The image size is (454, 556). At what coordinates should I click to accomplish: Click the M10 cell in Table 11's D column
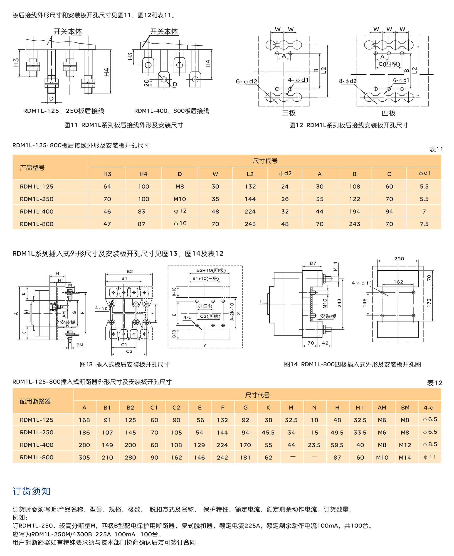pos(180,199)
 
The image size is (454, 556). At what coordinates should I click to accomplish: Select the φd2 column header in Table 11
pos(285,174)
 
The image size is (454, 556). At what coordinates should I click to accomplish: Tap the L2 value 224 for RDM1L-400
pos(250,212)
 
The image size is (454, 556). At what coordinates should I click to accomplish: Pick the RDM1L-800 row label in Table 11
pos(37,224)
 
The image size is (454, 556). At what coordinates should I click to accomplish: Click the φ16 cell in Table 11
pos(180,224)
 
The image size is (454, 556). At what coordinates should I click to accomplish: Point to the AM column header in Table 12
pos(382,408)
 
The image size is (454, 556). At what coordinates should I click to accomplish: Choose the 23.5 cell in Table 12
pos(314,445)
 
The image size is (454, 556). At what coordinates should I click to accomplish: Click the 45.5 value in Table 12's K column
pos(268,433)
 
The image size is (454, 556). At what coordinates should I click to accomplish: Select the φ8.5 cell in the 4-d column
pos(430,444)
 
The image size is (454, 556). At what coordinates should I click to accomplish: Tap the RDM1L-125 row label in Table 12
pos(37,420)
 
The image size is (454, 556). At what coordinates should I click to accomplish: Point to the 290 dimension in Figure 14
pos(399,259)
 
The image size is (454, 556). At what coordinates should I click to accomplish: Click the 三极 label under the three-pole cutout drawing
pos(289,113)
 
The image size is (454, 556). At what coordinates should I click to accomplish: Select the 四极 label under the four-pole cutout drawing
pos(388,113)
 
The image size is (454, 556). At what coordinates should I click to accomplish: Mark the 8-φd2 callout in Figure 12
pos(348,81)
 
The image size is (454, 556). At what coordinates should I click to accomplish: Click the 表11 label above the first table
pos(436,149)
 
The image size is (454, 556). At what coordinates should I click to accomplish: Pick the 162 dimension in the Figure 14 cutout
pos(398,282)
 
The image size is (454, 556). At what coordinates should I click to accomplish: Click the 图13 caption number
pos(86,365)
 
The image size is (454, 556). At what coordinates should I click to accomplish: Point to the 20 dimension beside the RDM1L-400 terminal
pos(146,83)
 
